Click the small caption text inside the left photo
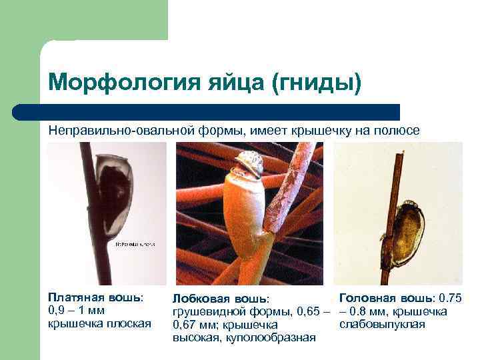coord(136,245)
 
